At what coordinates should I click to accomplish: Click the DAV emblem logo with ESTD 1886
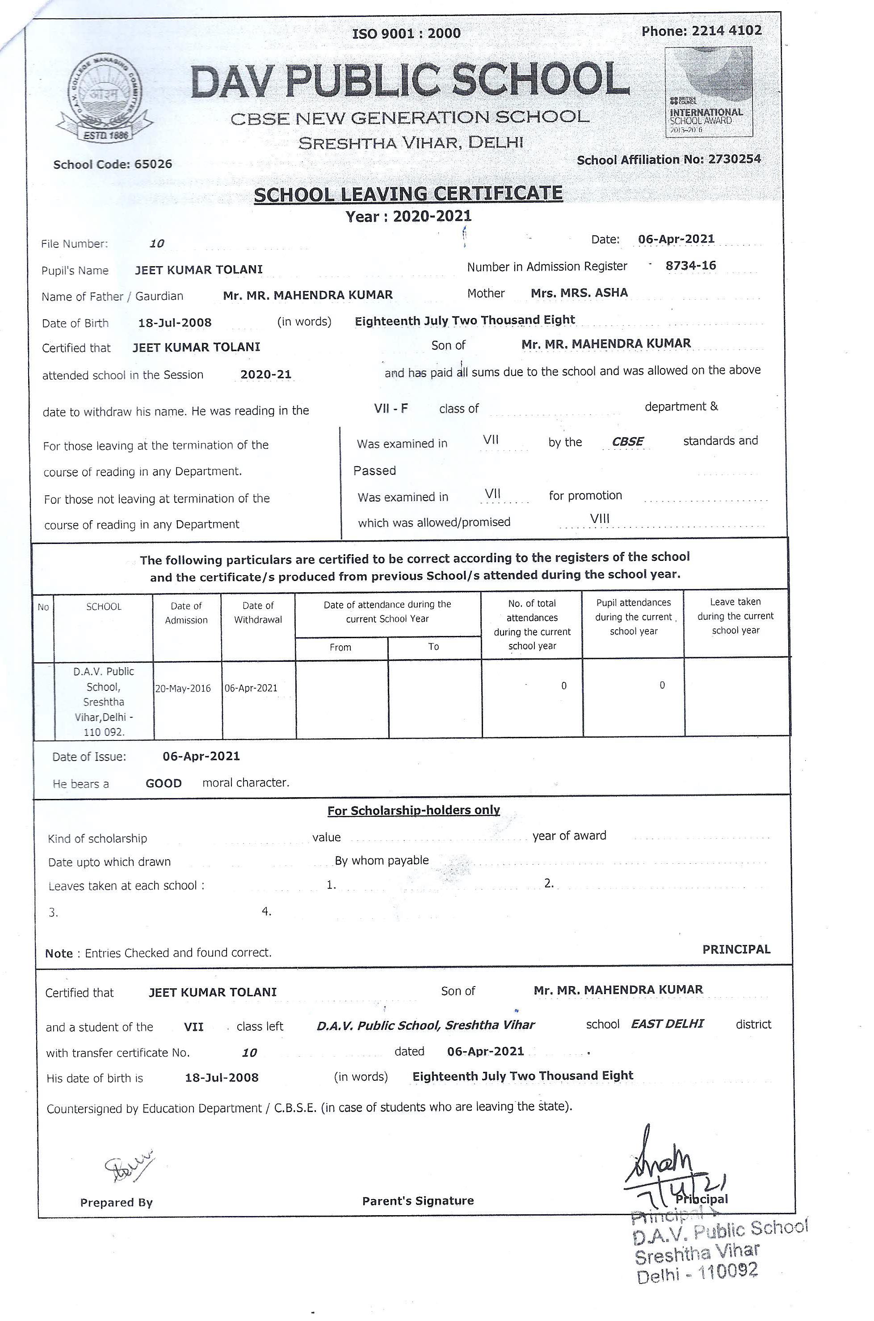(x=105, y=97)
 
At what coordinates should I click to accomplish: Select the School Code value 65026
(x=153, y=164)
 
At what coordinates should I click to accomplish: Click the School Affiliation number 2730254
(x=734, y=159)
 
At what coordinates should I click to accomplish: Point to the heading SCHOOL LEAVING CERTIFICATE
(x=408, y=194)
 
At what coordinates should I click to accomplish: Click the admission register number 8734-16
(x=691, y=265)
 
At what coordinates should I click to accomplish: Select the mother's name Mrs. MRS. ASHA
(x=579, y=293)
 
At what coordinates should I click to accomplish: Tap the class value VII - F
(x=391, y=408)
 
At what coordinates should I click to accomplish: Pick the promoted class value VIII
(x=600, y=518)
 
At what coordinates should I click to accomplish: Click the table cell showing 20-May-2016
(x=183, y=688)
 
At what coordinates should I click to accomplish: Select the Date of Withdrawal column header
(x=258, y=612)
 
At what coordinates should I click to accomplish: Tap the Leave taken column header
(x=735, y=616)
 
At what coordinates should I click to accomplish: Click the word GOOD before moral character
(x=164, y=783)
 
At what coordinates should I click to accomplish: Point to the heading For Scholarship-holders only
(x=414, y=810)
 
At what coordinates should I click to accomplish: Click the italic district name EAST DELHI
(x=667, y=1024)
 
